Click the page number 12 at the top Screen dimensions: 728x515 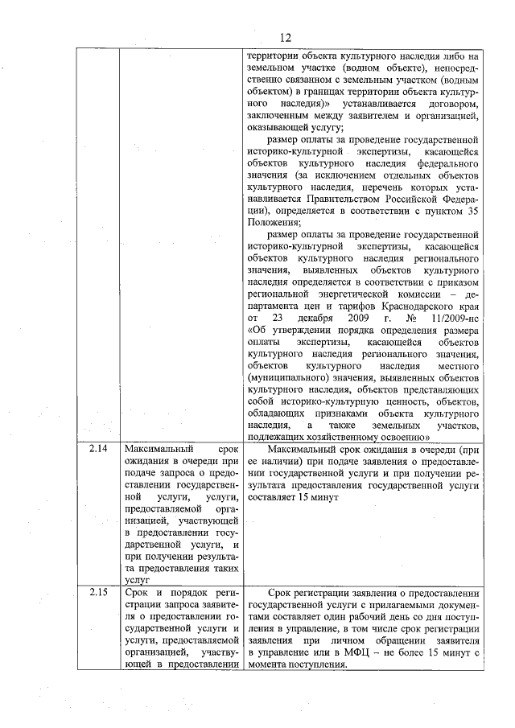tap(285, 37)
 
